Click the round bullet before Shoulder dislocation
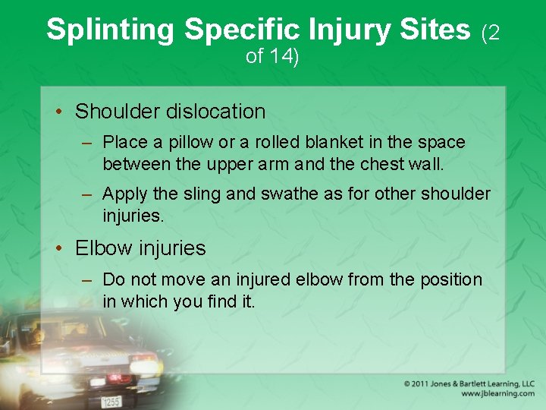pyautogui.click(x=59, y=112)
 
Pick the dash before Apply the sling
pyautogui.click(x=88, y=194)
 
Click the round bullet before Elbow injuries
pyautogui.click(x=59, y=249)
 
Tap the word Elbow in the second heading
pyautogui.click(x=101, y=248)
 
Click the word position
pyautogui.click(x=450, y=279)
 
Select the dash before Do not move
pyautogui.click(x=88, y=279)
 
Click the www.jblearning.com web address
pyautogui.click(x=497, y=394)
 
